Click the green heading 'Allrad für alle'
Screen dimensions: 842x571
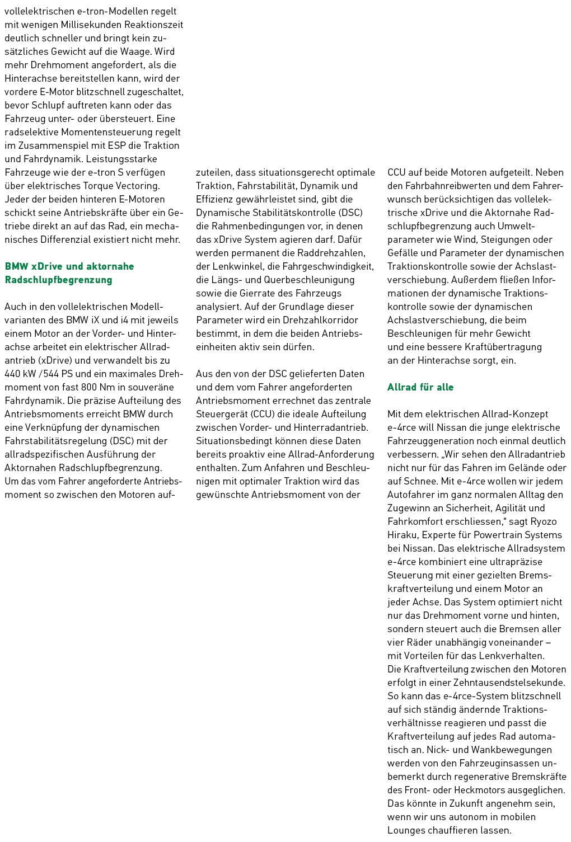pyautogui.click(x=420, y=387)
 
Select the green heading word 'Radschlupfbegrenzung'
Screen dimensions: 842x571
pyautogui.click(x=58, y=280)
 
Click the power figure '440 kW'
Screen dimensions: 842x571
pyautogui.click(x=20, y=374)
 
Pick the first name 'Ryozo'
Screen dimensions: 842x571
pyautogui.click(x=544, y=521)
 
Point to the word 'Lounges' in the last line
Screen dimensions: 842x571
pyautogui.click(x=406, y=830)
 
